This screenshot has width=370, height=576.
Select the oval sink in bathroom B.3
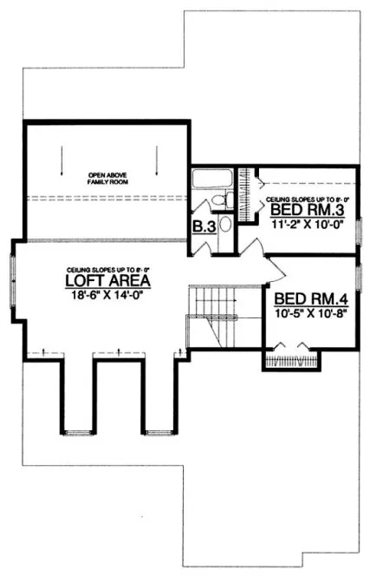tap(225, 225)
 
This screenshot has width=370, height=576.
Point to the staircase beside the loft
tap(211, 317)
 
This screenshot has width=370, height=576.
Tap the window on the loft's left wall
tap(13, 274)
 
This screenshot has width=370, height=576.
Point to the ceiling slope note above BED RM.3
tap(302, 198)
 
